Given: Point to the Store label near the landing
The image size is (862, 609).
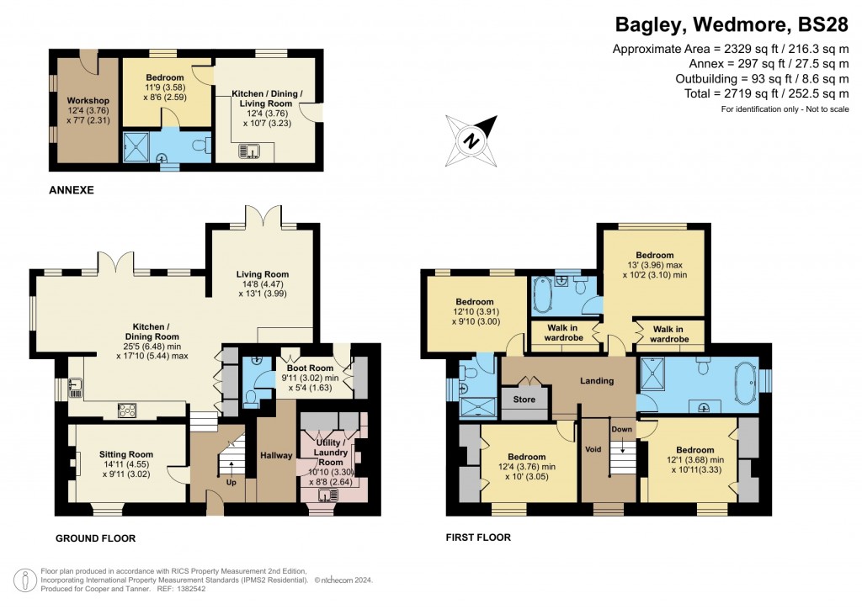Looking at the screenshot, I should pyautogui.click(x=524, y=400).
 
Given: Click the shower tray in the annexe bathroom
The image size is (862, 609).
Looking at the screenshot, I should pyautogui.click(x=136, y=146).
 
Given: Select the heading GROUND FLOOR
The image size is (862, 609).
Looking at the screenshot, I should pyautogui.click(x=95, y=538).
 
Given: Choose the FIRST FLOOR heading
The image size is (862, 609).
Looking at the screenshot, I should pyautogui.click(x=478, y=537).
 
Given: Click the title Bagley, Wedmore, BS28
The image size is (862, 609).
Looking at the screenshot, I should pyautogui.click(x=731, y=24).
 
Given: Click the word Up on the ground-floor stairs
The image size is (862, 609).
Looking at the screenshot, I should pyautogui.click(x=231, y=483).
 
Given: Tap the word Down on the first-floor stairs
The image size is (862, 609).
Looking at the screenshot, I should pyautogui.click(x=620, y=429).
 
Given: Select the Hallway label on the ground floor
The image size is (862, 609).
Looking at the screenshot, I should pyautogui.click(x=276, y=456).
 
